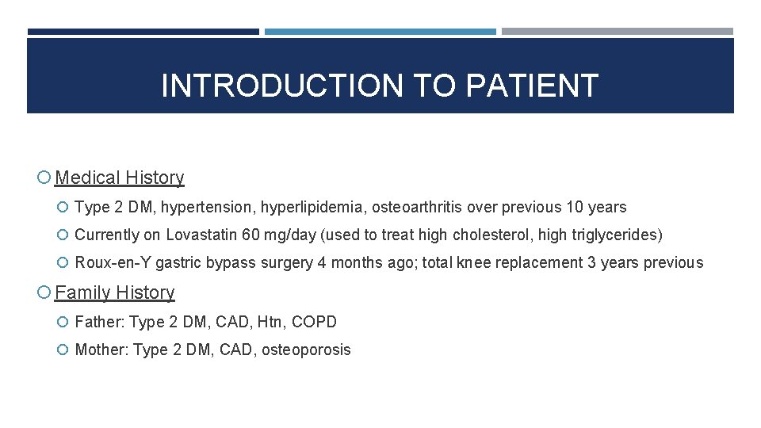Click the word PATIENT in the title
point(532,86)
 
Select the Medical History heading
point(120,178)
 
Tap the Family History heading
point(115,292)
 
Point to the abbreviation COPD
point(314,322)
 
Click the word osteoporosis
point(308,350)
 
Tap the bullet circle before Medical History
point(44,178)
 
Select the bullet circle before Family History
point(44,293)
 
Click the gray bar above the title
point(617,32)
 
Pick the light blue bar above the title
point(380,32)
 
